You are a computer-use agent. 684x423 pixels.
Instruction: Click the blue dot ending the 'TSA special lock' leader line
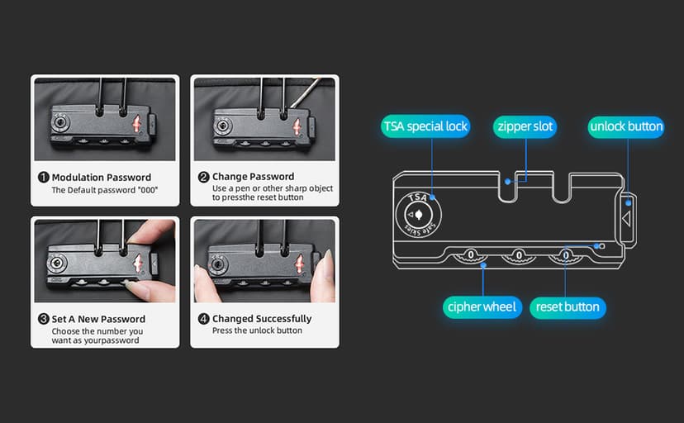click(432, 197)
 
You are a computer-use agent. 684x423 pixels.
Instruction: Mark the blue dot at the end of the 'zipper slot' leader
click(507, 182)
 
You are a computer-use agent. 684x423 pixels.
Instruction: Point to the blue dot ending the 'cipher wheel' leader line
click(483, 265)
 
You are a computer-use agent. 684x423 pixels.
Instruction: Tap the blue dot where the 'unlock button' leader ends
click(628, 202)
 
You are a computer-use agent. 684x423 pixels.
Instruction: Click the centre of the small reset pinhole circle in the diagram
click(602, 246)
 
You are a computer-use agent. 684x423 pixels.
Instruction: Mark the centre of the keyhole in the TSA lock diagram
click(418, 215)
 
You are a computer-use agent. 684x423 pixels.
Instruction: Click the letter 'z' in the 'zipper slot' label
click(501, 127)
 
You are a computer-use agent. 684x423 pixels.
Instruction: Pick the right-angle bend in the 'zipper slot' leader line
click(526, 181)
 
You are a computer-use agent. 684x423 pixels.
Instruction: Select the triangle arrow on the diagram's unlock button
click(626, 218)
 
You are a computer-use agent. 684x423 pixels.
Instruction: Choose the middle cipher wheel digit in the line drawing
click(519, 254)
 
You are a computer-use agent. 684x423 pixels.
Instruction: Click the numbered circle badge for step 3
click(43, 319)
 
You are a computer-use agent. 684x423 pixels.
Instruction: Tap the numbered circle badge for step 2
click(203, 177)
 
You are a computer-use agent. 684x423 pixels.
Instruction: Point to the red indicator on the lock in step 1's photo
click(136, 125)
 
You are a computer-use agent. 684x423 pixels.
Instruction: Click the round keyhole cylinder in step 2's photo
click(223, 126)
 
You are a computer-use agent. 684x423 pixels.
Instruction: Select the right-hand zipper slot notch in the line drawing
click(561, 188)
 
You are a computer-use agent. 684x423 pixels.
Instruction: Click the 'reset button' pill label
click(568, 307)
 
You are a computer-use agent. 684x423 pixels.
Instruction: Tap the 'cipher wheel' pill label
click(482, 307)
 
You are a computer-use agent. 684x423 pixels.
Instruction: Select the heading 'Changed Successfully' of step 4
click(262, 319)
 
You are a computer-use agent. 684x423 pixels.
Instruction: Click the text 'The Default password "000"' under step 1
click(105, 190)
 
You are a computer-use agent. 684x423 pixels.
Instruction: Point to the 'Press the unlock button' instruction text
click(257, 330)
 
